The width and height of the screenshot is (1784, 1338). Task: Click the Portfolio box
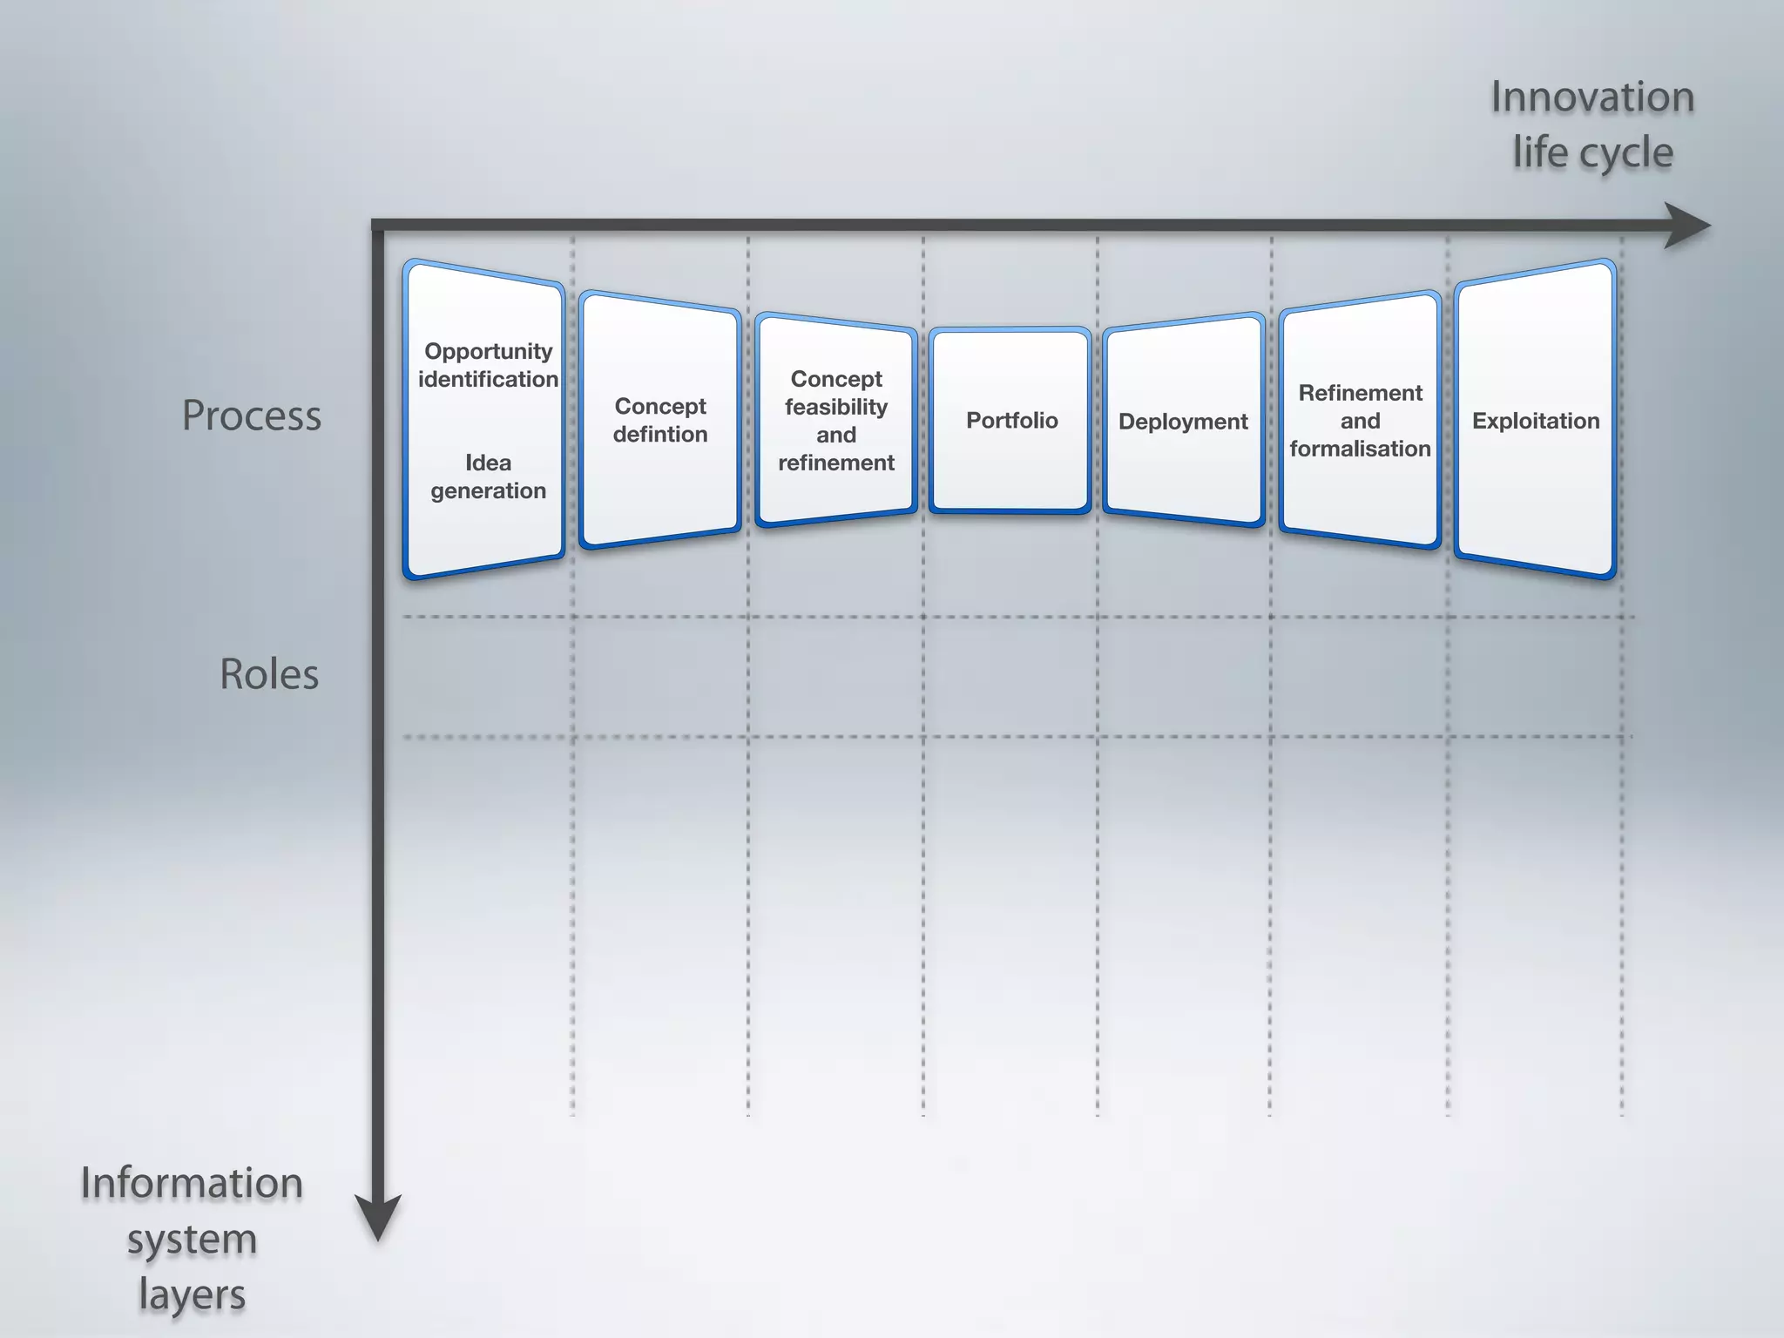[x=1010, y=420]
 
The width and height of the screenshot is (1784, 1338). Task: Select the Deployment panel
[x=1183, y=421]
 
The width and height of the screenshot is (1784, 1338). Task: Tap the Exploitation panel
[x=1535, y=421]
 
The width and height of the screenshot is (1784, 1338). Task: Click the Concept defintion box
[x=659, y=420]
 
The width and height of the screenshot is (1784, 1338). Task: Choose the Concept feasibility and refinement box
[x=835, y=421]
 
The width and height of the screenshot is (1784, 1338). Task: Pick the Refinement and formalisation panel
[x=1360, y=421]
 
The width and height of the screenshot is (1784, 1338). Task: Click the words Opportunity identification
[x=488, y=365]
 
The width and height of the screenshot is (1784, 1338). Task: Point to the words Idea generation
[x=488, y=476]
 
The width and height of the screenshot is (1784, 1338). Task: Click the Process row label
[x=251, y=416]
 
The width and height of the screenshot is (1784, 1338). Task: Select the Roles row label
[x=268, y=674]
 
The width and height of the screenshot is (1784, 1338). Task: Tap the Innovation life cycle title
[x=1591, y=125]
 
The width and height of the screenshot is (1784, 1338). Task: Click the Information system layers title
[x=192, y=1238]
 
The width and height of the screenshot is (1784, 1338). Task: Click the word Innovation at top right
[x=1591, y=97]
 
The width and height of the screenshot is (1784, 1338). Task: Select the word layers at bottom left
[x=192, y=1294]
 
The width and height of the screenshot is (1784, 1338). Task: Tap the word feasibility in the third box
[x=835, y=407]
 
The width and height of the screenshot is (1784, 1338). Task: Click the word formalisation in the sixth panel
[x=1360, y=449]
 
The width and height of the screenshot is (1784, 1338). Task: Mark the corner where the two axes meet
[x=378, y=226]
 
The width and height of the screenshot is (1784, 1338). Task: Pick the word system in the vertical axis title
[x=192, y=1239]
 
